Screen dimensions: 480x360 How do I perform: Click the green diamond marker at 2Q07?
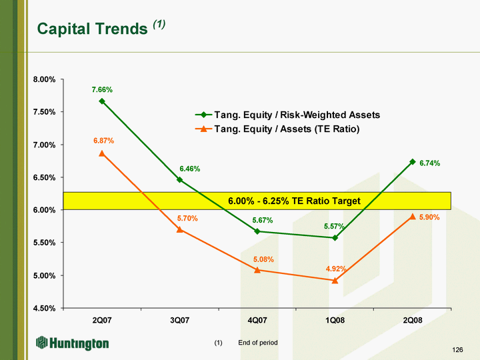pos(102,101)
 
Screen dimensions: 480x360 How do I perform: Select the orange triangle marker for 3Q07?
pos(180,229)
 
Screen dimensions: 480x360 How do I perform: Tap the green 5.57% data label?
pos(334,226)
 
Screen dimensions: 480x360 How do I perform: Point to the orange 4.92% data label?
pos(336,269)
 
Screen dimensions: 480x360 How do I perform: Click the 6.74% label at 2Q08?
pos(429,163)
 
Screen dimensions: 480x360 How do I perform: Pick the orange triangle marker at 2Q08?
pos(413,217)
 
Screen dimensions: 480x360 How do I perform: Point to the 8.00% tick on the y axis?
pos(45,79)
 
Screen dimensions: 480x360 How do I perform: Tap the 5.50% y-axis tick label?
pos(45,243)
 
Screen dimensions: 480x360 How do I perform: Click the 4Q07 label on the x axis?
pos(257,320)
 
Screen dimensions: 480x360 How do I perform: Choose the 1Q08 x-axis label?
pos(335,320)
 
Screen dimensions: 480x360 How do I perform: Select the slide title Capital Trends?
pos(93,29)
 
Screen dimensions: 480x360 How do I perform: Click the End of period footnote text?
pos(258,343)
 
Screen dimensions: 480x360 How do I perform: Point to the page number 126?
pos(457,349)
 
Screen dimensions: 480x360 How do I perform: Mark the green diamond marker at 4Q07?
pos(257,231)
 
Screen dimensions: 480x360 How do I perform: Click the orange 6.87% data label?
pos(104,141)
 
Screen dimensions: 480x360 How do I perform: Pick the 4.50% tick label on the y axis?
pos(45,308)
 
